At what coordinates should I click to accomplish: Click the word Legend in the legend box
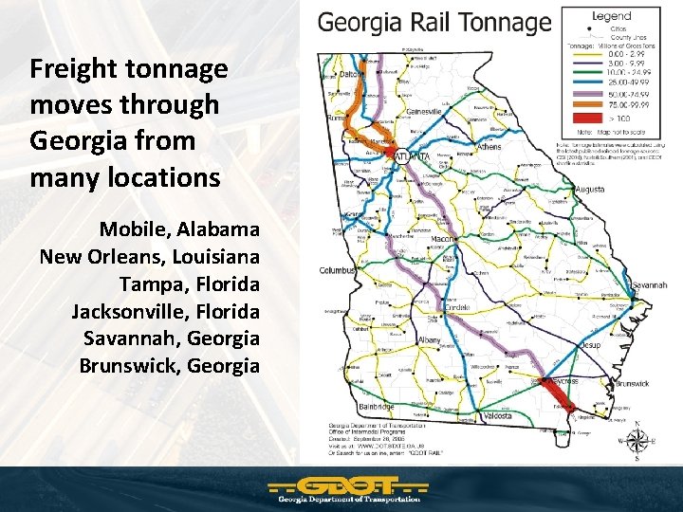point(611,16)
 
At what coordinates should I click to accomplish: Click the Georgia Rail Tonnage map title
point(434,23)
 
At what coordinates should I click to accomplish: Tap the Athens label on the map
point(489,147)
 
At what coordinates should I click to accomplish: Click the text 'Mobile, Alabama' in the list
point(179,229)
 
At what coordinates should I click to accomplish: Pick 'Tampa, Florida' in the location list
point(189,284)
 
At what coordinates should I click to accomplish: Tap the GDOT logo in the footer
point(345,490)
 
